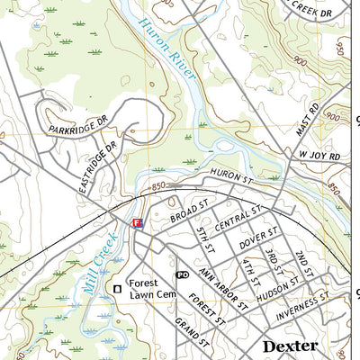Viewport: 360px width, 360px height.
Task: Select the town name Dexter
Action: pos(290,346)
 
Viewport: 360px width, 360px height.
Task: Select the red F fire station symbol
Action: pos(137,222)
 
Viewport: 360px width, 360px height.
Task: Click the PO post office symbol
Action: pos(182,274)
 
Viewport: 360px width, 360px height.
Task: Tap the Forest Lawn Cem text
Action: pos(148,288)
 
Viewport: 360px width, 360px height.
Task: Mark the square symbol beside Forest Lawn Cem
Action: pos(116,288)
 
